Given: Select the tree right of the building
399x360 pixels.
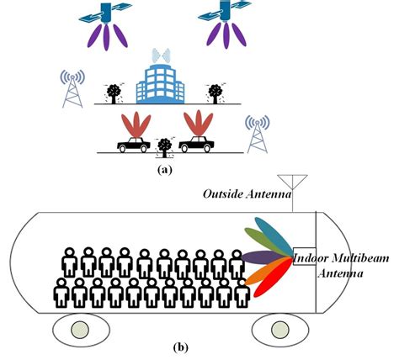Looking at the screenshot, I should coord(217,93).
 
